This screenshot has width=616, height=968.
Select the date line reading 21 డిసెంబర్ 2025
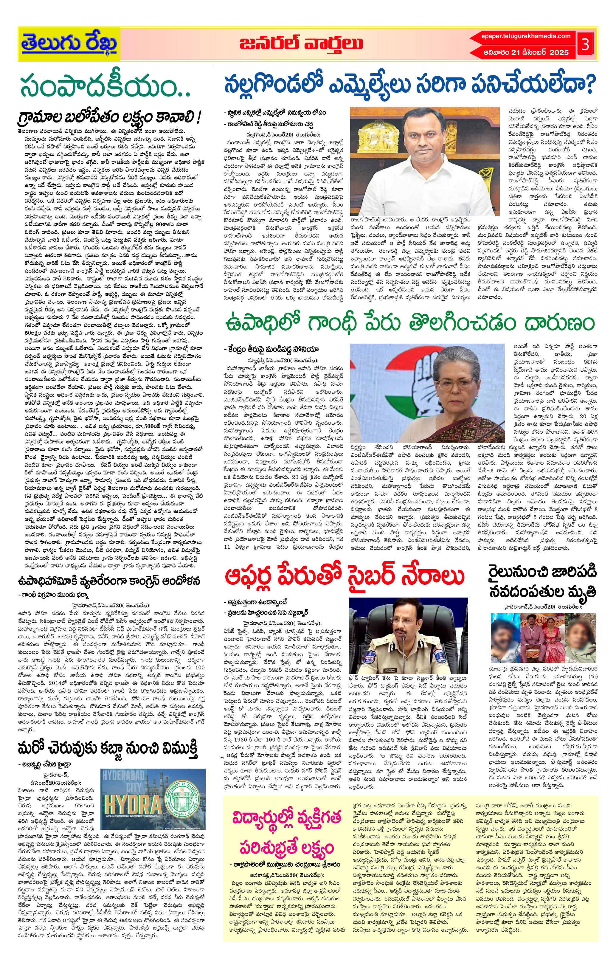[526, 52]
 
